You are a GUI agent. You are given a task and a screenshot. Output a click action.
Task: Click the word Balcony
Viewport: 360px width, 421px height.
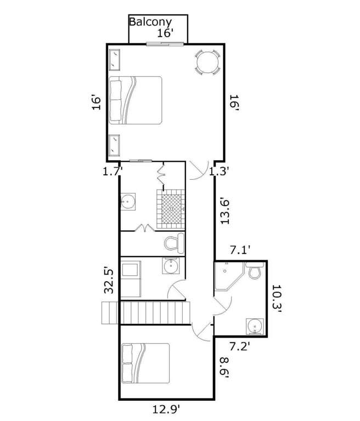point(150,22)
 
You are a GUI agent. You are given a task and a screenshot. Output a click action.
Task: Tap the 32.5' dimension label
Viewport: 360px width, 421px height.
point(109,280)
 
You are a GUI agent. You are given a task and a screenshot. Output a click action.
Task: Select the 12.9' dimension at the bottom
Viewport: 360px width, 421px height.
point(166,409)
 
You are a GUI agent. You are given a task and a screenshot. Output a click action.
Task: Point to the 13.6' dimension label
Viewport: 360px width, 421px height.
point(226,210)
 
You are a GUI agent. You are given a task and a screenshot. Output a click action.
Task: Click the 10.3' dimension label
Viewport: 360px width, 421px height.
point(277,299)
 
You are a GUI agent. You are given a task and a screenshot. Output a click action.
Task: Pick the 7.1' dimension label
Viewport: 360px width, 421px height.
point(240,250)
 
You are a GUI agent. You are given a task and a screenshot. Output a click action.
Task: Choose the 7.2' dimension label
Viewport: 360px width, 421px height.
point(240,346)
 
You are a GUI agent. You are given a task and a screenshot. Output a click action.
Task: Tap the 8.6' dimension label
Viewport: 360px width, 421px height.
point(224,367)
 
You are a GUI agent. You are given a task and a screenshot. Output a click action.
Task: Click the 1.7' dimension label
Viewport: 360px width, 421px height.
point(113,171)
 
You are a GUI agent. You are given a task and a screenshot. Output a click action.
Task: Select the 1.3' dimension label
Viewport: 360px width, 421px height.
point(219,171)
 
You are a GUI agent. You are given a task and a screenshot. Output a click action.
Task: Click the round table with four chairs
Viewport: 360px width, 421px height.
point(207,62)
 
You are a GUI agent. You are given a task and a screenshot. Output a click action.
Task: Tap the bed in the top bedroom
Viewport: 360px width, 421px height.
point(136,100)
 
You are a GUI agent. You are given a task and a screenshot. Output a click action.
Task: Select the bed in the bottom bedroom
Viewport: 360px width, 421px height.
point(145,363)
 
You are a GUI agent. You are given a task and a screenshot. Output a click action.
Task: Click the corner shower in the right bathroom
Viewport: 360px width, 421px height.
point(228,276)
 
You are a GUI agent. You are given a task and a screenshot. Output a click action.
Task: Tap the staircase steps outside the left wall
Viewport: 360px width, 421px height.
point(110,313)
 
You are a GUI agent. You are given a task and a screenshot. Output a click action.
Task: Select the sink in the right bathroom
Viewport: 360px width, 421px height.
point(255,327)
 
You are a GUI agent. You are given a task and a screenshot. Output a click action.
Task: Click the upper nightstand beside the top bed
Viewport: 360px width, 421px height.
point(114,60)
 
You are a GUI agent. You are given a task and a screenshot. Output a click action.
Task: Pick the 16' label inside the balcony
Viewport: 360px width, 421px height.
point(165,33)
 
